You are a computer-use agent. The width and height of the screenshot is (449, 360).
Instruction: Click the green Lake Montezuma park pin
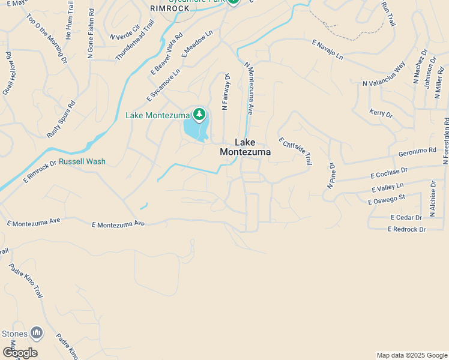pos(199,114)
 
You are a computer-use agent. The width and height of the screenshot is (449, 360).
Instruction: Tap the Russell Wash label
pos(82,161)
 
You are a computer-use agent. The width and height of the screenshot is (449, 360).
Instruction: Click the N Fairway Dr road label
pos(226,92)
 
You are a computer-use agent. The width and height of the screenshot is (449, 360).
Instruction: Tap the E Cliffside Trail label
pos(295,151)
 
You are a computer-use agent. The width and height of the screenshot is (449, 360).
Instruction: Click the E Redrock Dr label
pos(406,229)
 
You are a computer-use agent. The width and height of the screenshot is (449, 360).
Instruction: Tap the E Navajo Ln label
pos(327,50)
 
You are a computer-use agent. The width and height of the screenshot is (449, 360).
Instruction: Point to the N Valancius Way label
pos(384,75)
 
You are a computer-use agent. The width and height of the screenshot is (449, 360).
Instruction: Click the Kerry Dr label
pos(381,113)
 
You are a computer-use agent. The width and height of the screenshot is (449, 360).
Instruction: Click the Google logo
pos(19,352)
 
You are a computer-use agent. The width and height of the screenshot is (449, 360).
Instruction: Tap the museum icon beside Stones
pos(37,332)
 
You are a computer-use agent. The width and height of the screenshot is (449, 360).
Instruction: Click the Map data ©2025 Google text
pos(412,355)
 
